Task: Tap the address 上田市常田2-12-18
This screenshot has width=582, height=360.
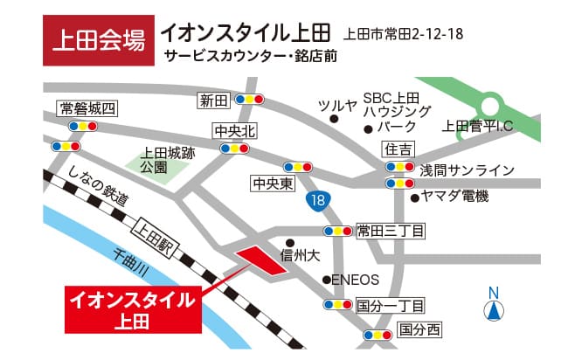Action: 403,34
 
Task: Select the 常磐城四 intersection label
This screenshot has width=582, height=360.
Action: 87,108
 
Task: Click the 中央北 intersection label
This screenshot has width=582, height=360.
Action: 234,131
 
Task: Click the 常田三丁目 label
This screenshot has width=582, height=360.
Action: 390,231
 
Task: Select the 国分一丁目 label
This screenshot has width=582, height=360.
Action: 390,305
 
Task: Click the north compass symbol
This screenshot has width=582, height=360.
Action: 494,306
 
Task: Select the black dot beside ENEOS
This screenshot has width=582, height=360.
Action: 325,280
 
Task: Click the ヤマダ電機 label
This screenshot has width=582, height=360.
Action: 454,197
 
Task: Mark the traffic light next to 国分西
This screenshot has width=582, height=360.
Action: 378,335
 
